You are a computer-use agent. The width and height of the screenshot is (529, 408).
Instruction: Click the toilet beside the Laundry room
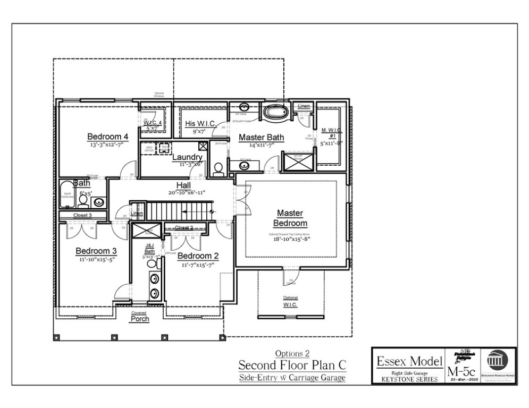pos(217,169)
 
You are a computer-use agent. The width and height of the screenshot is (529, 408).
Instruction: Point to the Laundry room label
pos(187,157)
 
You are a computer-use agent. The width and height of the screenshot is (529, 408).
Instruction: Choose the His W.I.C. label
pos(200,124)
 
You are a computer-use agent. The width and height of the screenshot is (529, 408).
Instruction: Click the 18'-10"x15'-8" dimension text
pos(290,239)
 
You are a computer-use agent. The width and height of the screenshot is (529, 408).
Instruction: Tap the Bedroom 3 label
pos(96,251)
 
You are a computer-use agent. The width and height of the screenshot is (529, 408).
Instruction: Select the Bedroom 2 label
pos(198,256)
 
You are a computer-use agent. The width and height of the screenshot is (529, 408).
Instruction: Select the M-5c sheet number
pos(460,370)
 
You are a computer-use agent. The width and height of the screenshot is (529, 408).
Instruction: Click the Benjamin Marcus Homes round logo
pos(498,361)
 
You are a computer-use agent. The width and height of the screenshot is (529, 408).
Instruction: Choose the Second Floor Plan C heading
pos(292,365)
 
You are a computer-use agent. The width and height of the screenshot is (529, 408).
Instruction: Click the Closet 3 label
pos(82,215)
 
